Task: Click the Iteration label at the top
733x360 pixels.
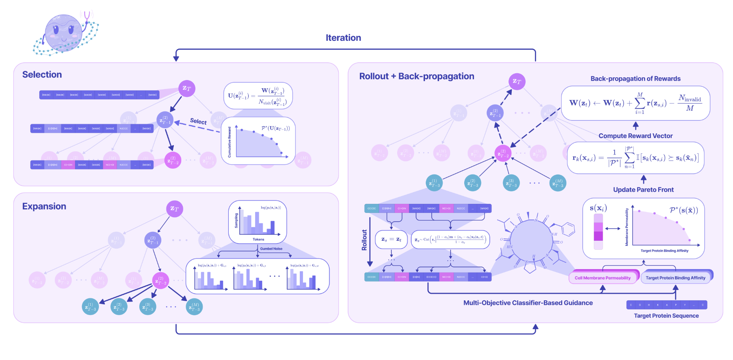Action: [343, 38]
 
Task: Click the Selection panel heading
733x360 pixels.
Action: [42, 75]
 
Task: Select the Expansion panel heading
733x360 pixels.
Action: [44, 206]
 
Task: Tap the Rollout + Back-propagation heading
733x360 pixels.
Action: [416, 76]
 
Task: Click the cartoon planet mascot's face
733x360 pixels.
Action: [63, 33]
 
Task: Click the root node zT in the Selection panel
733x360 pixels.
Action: [187, 88]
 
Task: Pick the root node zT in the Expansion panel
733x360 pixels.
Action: [175, 209]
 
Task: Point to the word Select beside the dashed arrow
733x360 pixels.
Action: [198, 121]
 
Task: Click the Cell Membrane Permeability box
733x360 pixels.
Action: [602, 278]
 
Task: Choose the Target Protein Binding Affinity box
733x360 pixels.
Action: [675, 278]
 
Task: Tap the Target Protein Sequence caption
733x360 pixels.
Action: [666, 316]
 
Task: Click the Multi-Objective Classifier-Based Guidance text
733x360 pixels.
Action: [528, 303]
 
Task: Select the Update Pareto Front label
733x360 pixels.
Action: [643, 190]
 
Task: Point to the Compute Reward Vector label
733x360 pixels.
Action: [635, 136]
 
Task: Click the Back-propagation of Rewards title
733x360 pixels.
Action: [635, 79]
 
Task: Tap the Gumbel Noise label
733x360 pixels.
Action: [271, 249]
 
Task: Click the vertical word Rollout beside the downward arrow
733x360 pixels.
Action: [364, 240]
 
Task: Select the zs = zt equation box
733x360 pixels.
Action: [391, 239]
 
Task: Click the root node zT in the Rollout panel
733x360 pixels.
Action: [517, 82]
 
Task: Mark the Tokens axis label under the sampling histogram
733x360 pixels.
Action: [258, 239]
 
